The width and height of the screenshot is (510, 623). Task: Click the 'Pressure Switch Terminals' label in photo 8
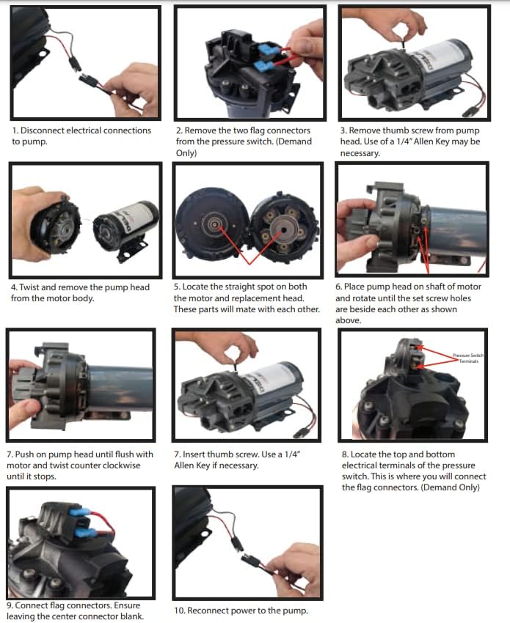468,358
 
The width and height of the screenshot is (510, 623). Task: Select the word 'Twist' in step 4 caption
29,287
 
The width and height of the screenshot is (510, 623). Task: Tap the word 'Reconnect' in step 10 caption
206,611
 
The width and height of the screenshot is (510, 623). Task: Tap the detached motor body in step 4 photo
126,229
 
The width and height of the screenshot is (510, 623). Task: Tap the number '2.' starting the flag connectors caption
179,130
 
